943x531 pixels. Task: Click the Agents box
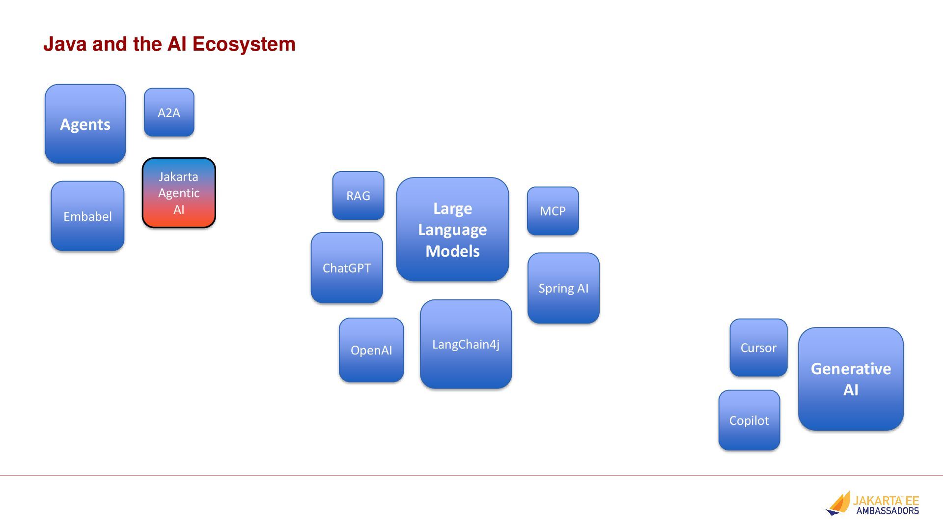[85, 124]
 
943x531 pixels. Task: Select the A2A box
[169, 113]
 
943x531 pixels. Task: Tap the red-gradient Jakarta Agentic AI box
[179, 193]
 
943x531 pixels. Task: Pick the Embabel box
[87, 216]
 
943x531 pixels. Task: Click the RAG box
[358, 196]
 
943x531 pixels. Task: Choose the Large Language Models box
[452, 229]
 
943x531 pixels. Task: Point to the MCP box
[553, 211]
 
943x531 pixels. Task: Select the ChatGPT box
[347, 268]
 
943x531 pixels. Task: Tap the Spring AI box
[563, 288]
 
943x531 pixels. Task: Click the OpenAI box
[371, 350]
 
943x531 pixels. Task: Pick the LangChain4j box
[466, 344]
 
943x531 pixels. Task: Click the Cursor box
[758, 348]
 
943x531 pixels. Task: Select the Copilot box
[749, 420]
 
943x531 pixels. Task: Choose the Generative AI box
[851, 379]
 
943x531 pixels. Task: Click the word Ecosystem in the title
[244, 44]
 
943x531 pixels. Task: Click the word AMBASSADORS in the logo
[888, 511]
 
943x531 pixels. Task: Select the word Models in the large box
[452, 251]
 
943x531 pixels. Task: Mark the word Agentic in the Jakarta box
[179, 193]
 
